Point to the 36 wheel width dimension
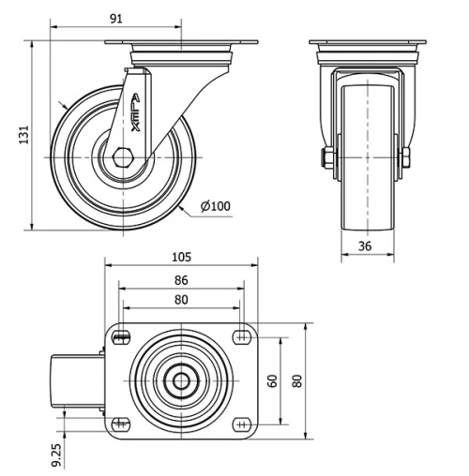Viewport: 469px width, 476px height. [x=367, y=246]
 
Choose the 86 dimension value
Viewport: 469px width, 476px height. [x=181, y=279]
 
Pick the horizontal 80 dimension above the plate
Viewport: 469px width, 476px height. [x=181, y=300]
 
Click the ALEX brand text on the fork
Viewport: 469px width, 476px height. [x=134, y=117]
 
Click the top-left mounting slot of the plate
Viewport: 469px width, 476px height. [x=121, y=334]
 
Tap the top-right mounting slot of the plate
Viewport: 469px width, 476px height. [x=241, y=334]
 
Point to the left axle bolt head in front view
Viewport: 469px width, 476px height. [x=327, y=157]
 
